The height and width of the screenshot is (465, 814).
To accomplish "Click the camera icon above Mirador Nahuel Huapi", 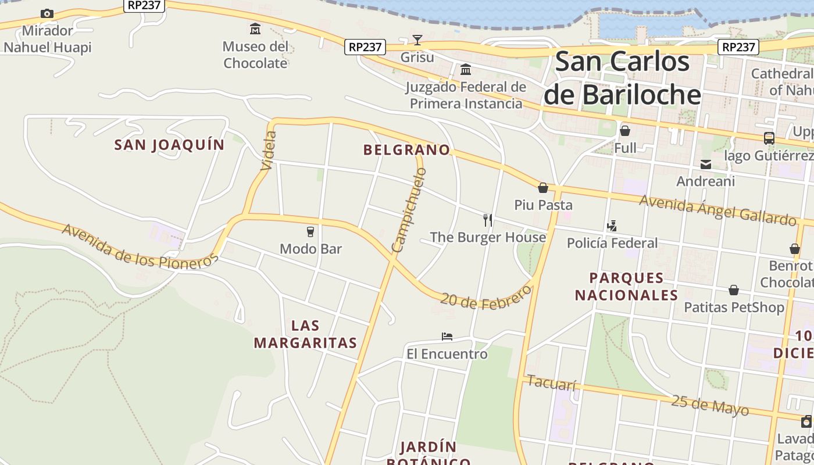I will (47, 13).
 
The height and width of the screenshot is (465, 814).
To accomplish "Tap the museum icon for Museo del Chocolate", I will (255, 28).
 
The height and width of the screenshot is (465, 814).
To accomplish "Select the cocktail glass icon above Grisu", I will (417, 40).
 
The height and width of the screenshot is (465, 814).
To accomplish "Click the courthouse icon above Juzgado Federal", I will (466, 70).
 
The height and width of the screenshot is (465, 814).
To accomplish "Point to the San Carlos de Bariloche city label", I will (622, 78).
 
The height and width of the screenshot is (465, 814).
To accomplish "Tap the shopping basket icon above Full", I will (625, 131).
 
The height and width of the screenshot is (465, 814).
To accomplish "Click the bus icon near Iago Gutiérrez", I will (769, 138).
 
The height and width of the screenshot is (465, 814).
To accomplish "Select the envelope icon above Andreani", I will (706, 164).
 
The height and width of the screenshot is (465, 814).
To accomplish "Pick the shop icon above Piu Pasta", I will (543, 188).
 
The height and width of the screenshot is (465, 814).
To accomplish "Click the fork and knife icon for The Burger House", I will (488, 220).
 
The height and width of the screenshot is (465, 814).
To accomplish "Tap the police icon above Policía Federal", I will (612, 226).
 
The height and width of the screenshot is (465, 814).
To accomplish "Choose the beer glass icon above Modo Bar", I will (310, 231).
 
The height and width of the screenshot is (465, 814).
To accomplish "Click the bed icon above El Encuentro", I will (447, 337).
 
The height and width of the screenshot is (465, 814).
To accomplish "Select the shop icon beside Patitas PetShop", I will (734, 289).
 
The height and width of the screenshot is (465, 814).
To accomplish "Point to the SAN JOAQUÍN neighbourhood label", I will (169, 145).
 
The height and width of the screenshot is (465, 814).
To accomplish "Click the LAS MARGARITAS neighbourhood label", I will (305, 334).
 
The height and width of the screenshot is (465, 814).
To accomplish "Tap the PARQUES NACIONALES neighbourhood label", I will (626, 287).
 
